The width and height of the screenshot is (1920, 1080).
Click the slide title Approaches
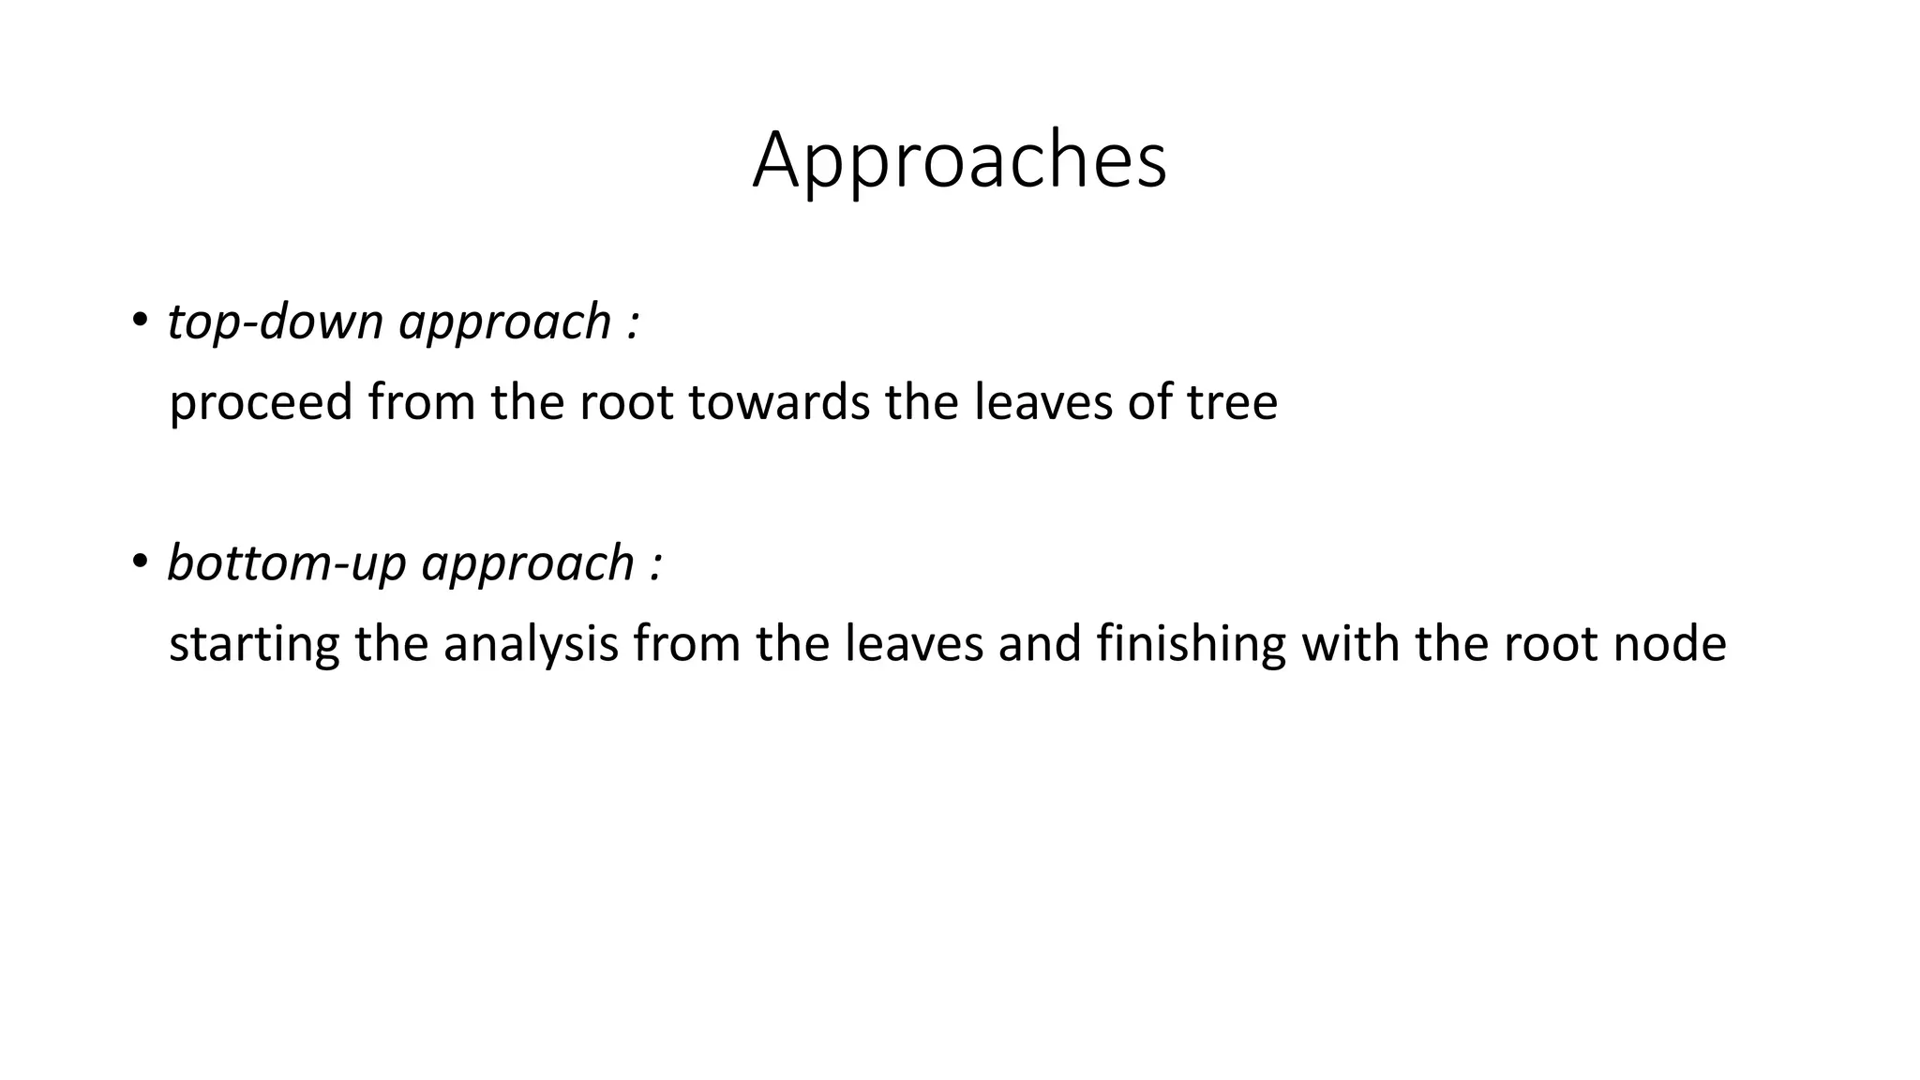coord(959,161)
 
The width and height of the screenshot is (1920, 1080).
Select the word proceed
coord(261,403)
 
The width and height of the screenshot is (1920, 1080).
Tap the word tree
coord(1232,402)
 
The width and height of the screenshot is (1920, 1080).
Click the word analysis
coord(531,645)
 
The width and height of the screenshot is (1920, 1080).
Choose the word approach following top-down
coord(505,323)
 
